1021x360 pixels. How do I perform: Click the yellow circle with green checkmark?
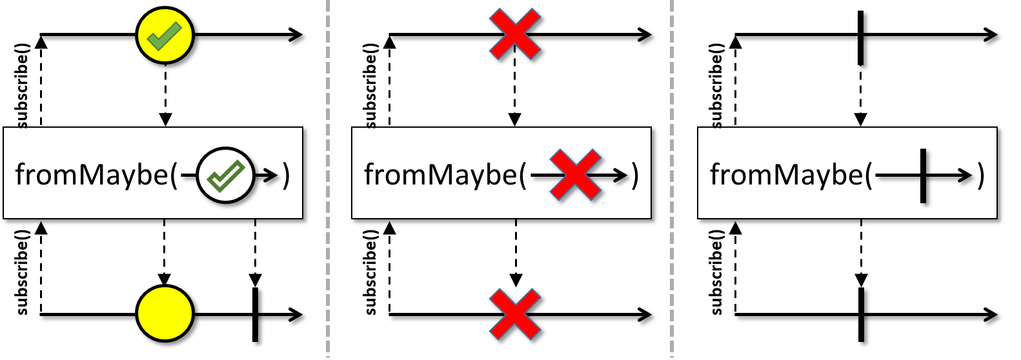tap(165, 35)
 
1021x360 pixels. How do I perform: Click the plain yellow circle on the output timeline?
tap(165, 314)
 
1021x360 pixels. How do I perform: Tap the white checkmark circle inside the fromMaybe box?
tap(225, 175)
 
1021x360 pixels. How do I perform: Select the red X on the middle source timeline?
tap(514, 35)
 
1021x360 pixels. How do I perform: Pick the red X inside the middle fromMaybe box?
tap(575, 175)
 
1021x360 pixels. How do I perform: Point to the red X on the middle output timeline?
tap(514, 314)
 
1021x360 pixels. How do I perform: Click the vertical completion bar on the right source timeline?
tap(860, 37)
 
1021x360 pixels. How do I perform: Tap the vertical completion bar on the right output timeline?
tap(861, 314)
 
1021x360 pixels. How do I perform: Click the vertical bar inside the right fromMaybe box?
tap(923, 175)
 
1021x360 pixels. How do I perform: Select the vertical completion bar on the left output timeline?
tap(256, 314)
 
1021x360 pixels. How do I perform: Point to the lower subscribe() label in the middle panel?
tap(370, 272)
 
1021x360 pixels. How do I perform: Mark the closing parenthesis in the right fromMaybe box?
tap(980, 175)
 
